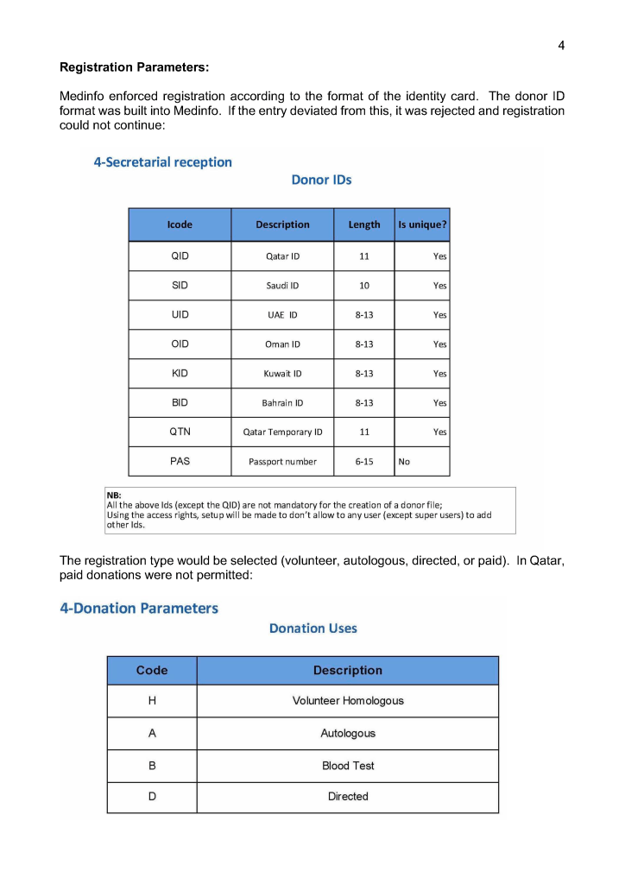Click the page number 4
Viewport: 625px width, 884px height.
pos(561,46)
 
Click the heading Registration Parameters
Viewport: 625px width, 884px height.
pos(134,66)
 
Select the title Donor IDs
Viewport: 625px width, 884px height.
pos(321,180)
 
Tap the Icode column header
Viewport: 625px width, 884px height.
pos(180,224)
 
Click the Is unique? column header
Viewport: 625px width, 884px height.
pos(422,224)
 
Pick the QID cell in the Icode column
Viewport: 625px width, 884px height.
pos(180,256)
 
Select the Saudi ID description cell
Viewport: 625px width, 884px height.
pos(282,286)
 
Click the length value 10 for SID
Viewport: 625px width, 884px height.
pos(364,286)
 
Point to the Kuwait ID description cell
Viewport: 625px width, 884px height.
pos(282,374)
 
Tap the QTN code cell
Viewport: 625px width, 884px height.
pos(180,432)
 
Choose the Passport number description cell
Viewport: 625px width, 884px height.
pos(282,462)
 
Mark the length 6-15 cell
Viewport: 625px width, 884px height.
pos(364,462)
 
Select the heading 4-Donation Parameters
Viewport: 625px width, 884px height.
pos(139,608)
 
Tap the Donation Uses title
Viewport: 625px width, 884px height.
pos(312,628)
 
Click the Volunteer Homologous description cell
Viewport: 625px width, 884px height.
pos(348,701)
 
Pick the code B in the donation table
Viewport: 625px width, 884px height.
pos(152,766)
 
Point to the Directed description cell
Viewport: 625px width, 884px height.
pos(348,797)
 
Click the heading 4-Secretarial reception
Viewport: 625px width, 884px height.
pos(162,162)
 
